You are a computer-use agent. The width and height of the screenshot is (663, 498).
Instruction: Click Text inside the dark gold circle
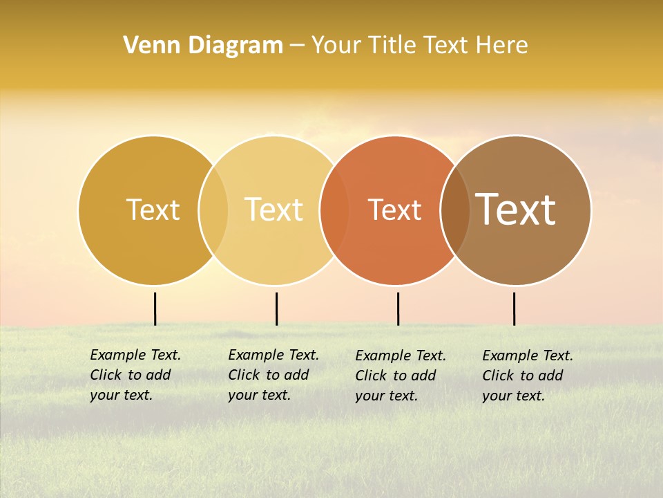(153, 210)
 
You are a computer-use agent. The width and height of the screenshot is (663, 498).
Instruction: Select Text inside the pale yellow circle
(273, 210)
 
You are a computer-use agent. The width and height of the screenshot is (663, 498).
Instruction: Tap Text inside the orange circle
(394, 210)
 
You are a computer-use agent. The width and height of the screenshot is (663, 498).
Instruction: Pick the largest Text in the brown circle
(516, 210)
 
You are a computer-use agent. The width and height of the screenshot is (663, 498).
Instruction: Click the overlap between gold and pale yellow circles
(213, 210)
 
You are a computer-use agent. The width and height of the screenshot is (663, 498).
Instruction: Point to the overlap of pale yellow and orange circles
(334, 210)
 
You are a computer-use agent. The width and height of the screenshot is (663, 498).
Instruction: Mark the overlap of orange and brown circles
(455, 210)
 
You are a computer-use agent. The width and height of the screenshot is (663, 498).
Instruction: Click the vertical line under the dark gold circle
(155, 308)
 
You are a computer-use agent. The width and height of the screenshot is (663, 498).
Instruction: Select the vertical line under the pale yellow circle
(276, 308)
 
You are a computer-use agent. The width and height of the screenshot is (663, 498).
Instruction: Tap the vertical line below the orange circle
(398, 308)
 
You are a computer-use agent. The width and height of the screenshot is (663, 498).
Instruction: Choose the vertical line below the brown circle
(514, 308)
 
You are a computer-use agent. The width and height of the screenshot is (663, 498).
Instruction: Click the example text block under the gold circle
(135, 375)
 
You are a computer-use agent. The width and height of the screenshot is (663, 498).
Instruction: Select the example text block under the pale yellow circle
(273, 375)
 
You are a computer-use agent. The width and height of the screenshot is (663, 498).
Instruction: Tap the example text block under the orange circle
(400, 376)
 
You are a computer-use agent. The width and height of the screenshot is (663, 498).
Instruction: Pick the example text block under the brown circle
(527, 376)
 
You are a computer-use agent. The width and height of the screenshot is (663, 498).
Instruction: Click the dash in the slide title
(297, 46)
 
